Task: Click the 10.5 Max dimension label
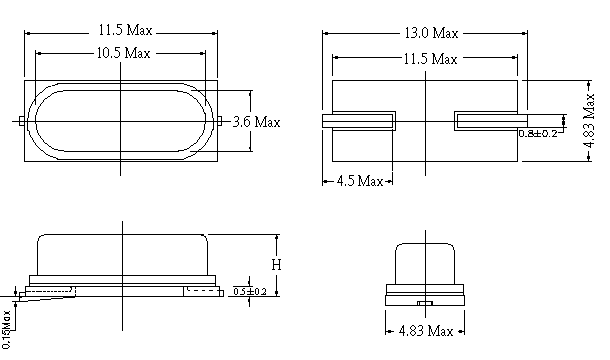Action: tap(123, 53)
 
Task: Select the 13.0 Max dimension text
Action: tap(431, 33)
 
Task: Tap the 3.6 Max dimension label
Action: tap(256, 122)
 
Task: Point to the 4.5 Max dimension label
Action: tap(360, 181)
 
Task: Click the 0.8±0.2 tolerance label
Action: tap(538, 133)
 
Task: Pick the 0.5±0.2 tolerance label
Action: tap(250, 292)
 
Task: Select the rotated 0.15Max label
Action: tap(7, 329)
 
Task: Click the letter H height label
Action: tap(276, 265)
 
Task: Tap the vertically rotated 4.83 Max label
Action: tap(589, 121)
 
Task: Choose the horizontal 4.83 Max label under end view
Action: tap(426, 331)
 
